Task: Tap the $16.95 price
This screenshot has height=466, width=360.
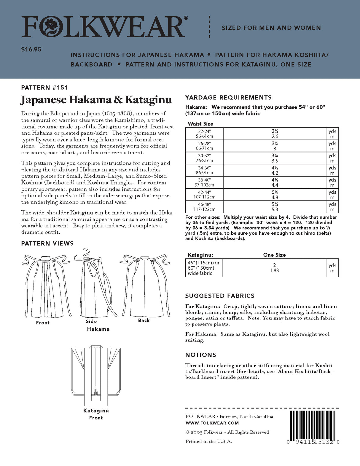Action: coord(31,50)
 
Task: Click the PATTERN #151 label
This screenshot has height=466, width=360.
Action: coord(44,88)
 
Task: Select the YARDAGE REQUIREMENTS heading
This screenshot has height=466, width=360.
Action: coord(228,98)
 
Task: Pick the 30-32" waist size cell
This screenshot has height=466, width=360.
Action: coord(204,158)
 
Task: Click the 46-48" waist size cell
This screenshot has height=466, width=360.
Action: coord(204,207)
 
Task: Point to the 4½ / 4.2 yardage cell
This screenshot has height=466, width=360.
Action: coord(275,170)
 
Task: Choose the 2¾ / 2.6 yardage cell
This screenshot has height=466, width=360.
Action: coord(275,134)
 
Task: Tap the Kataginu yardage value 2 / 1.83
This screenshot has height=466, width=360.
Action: coord(274,268)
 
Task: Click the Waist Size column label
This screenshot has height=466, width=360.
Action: coord(200,124)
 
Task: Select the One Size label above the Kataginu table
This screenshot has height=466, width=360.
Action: coord(274,255)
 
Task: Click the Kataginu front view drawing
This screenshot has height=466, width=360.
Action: coord(95,375)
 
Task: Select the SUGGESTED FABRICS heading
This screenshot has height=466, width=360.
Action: coord(220,296)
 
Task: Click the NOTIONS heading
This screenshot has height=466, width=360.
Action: coord(200,355)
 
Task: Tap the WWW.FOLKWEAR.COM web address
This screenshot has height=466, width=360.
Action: coord(212,423)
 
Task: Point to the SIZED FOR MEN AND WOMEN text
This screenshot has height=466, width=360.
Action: coord(271,28)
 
